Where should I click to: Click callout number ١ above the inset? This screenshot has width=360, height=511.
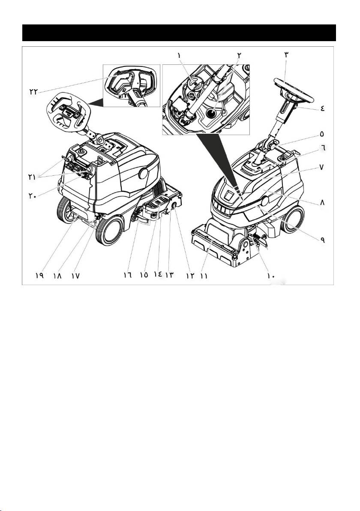tap(179, 55)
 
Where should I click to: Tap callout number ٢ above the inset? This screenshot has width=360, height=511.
tap(240, 55)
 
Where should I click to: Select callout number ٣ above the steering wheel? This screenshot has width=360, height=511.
tap(286, 55)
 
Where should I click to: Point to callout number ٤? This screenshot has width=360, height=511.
tap(322, 108)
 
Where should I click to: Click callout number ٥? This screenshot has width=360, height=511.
tap(322, 134)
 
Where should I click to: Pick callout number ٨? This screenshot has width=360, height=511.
tap(322, 202)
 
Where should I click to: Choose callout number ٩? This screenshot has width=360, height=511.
tap(322, 240)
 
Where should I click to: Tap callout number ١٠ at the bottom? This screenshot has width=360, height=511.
tap(271, 276)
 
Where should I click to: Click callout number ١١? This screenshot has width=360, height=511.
tap(203, 276)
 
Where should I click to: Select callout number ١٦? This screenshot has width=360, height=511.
tap(127, 275)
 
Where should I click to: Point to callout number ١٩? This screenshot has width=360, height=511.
tap(39, 275)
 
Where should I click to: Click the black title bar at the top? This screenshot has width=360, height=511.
tap(179, 33)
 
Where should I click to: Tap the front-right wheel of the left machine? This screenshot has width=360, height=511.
tap(110, 230)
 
